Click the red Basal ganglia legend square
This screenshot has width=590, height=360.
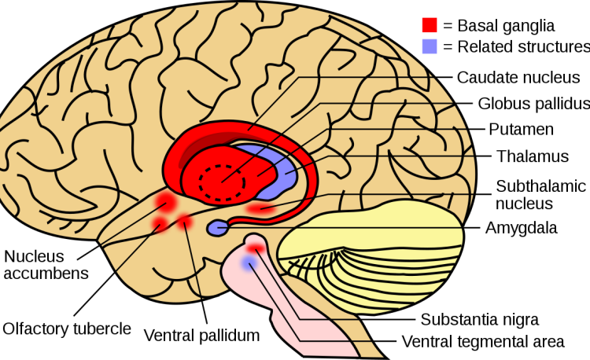coord(430,25)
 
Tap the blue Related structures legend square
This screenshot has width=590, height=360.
coord(430,46)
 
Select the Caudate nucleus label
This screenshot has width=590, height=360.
coord(518,77)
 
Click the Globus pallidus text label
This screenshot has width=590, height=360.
coord(534,103)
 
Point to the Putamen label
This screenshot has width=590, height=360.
coord(521,129)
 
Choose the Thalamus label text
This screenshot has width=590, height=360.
coord(533,156)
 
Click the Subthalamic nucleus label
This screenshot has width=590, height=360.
coord(540,195)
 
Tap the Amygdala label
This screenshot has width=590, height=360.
coord(521,228)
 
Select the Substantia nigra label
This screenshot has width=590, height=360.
coord(480,319)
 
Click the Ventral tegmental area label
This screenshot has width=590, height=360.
coord(483,342)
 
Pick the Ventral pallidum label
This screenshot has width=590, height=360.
coord(201,335)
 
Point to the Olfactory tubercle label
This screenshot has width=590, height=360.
coord(67,329)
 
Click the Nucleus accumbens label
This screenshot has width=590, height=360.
coord(46,265)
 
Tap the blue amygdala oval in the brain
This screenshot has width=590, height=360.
coord(217,228)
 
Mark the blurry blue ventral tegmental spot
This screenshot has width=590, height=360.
coord(249,263)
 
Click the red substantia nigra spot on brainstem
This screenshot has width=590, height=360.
coord(256,248)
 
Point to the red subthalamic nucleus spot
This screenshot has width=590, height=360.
coord(260,208)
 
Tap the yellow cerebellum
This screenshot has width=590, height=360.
coord(373,255)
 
